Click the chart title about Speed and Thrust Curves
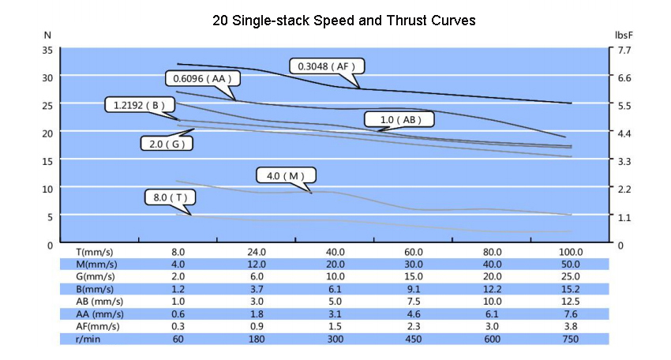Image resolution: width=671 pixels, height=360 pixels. [343, 21]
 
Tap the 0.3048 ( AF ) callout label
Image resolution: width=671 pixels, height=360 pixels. [324, 66]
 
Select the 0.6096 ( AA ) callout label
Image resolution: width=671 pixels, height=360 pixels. [202, 78]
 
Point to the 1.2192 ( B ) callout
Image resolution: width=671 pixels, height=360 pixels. [140, 104]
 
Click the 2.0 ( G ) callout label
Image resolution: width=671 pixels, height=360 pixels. [167, 144]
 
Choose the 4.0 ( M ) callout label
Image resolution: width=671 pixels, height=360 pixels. [286, 175]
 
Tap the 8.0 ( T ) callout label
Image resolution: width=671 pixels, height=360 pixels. [170, 197]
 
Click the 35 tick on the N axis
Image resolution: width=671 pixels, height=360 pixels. [47, 50]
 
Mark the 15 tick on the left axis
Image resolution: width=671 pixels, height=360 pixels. [47, 160]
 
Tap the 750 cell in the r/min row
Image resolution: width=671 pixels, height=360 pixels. [571, 339]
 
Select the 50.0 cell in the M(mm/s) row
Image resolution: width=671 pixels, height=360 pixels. [571, 264]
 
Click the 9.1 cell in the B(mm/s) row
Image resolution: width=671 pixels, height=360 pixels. [414, 289]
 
